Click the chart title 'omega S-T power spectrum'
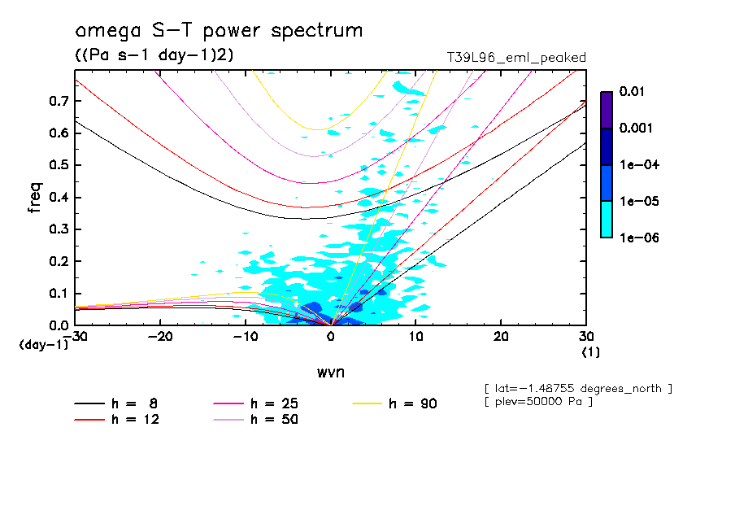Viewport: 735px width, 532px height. (x=218, y=31)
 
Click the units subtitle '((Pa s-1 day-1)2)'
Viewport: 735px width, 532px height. (x=155, y=55)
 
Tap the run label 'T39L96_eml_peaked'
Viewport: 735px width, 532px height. (x=516, y=57)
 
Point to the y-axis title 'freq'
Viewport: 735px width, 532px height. (x=35, y=198)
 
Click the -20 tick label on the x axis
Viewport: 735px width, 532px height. (x=160, y=337)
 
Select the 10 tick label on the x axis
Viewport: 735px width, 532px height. (x=415, y=337)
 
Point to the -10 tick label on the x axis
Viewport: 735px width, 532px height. (x=245, y=337)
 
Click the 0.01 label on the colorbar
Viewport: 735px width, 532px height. (x=633, y=92)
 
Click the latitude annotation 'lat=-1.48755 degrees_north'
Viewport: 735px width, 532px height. (x=578, y=388)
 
